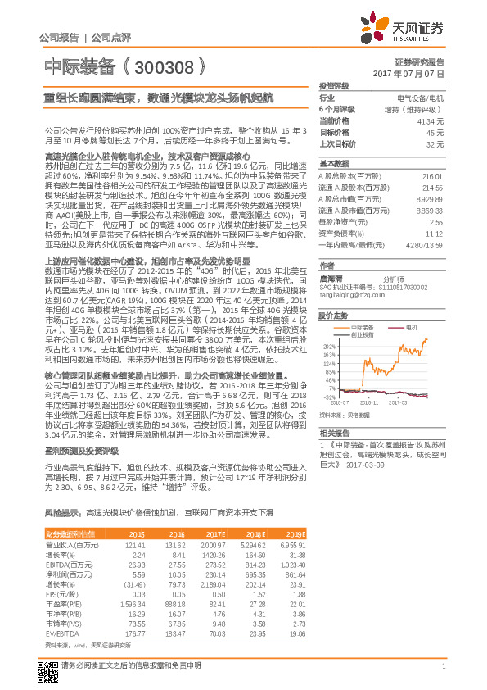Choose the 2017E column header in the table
coord(214,533)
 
